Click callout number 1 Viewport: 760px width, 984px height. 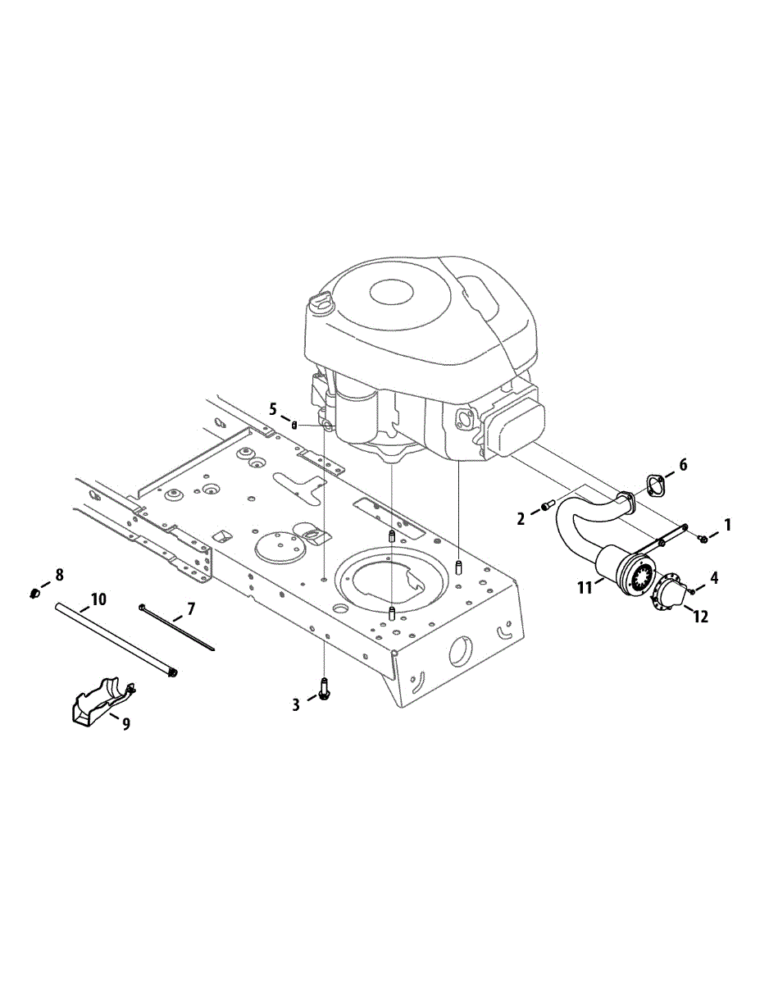[727, 525]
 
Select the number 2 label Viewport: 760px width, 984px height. [521, 519]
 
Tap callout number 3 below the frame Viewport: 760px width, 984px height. [296, 705]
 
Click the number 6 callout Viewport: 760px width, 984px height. [683, 465]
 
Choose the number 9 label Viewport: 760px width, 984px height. [125, 724]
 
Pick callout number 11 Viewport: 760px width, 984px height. [584, 588]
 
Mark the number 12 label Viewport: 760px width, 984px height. [700, 617]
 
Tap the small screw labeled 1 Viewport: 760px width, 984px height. [703, 540]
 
